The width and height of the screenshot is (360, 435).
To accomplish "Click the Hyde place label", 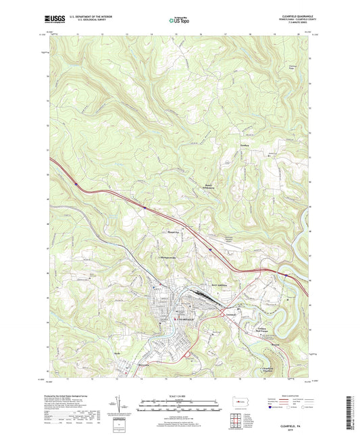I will pyautogui.click(x=117, y=353).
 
